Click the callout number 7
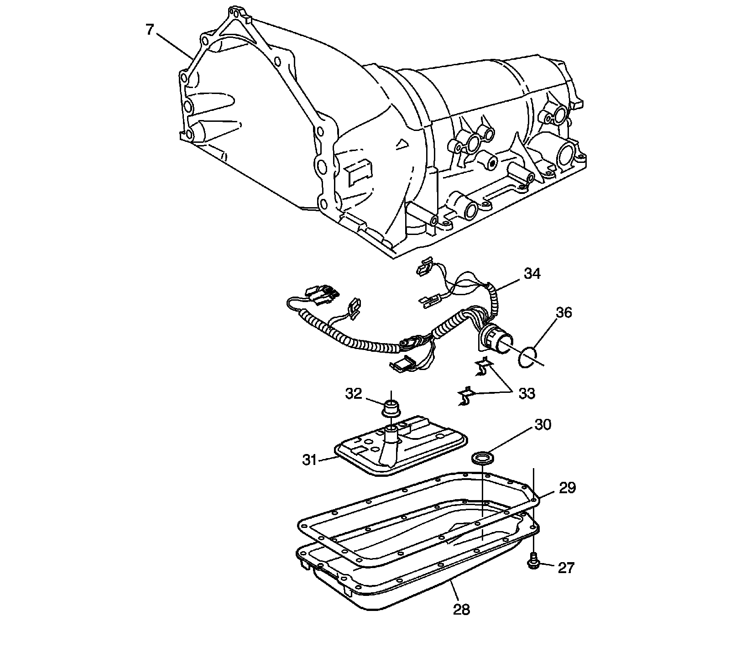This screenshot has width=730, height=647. tap(149, 30)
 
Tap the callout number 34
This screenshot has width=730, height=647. tap(532, 274)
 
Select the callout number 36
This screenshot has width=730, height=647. tap(563, 313)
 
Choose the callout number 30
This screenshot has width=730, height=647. tap(542, 425)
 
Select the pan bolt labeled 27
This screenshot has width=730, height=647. tap(532, 562)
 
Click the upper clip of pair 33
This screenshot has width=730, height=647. tap(483, 367)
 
